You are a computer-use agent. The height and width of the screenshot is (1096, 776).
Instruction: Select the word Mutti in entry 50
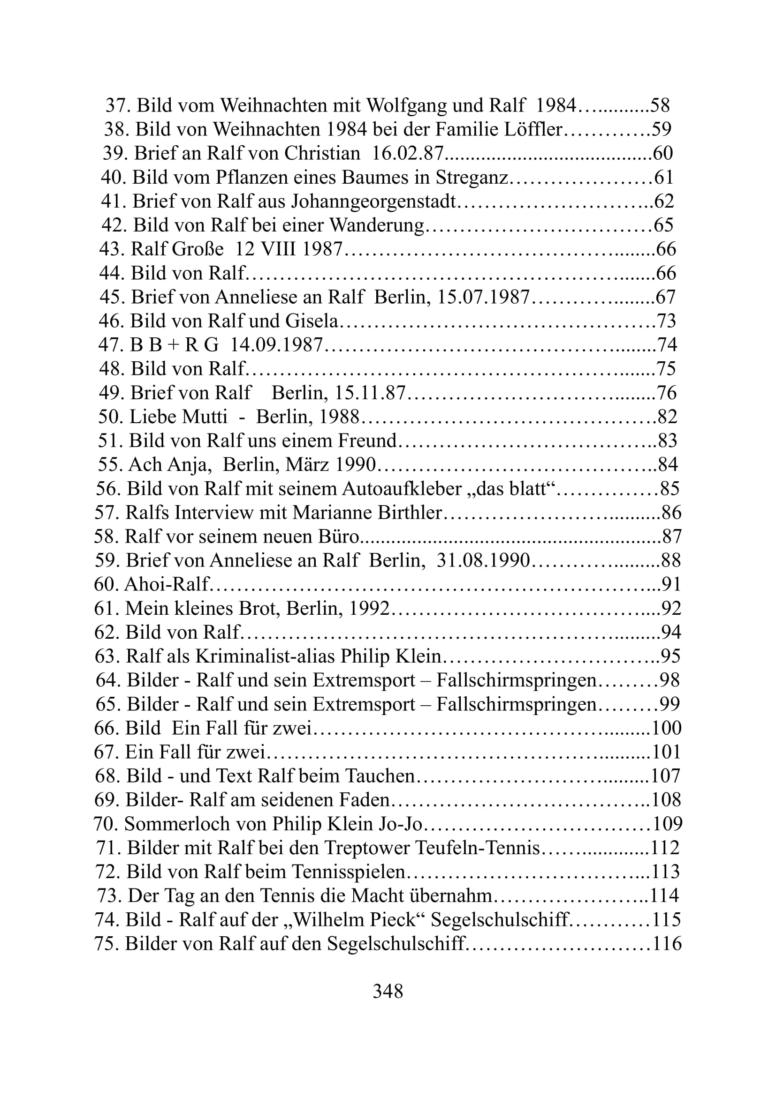[x=205, y=417]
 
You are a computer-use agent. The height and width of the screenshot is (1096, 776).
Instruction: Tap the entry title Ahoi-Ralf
[x=167, y=584]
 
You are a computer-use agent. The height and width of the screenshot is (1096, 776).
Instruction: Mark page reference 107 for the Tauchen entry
[x=666, y=776]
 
